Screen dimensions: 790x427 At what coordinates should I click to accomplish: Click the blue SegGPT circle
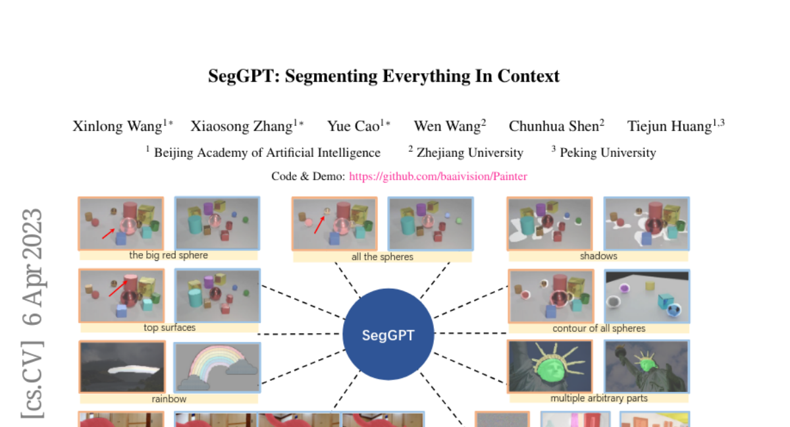click(388, 334)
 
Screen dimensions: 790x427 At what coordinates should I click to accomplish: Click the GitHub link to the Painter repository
click(438, 176)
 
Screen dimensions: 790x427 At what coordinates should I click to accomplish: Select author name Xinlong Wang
click(117, 126)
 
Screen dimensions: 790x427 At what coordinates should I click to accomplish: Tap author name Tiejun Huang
click(670, 126)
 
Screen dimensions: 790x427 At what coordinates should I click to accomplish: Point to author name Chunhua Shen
click(554, 126)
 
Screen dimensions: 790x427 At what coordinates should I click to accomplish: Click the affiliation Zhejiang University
click(470, 153)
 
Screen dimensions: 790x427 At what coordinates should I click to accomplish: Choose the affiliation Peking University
click(608, 153)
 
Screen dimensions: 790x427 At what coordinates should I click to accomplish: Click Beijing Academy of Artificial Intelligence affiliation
click(267, 153)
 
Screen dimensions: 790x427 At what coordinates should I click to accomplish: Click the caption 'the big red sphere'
click(169, 255)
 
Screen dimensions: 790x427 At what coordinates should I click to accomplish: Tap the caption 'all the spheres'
click(382, 256)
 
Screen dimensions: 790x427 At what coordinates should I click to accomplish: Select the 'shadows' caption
click(598, 256)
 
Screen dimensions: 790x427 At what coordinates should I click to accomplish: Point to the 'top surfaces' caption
click(169, 327)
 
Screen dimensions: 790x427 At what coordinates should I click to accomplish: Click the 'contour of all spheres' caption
click(599, 328)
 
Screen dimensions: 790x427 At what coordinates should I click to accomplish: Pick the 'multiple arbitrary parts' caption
click(599, 398)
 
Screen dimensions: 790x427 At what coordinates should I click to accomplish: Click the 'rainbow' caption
click(169, 399)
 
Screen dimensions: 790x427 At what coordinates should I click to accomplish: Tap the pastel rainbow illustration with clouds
click(217, 367)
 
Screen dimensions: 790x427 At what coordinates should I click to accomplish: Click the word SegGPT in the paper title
click(244, 76)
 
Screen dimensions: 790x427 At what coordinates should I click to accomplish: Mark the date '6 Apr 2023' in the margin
click(32, 267)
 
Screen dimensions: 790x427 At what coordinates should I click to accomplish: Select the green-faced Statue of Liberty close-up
click(550, 366)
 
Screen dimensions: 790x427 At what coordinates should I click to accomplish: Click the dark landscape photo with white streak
click(122, 366)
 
